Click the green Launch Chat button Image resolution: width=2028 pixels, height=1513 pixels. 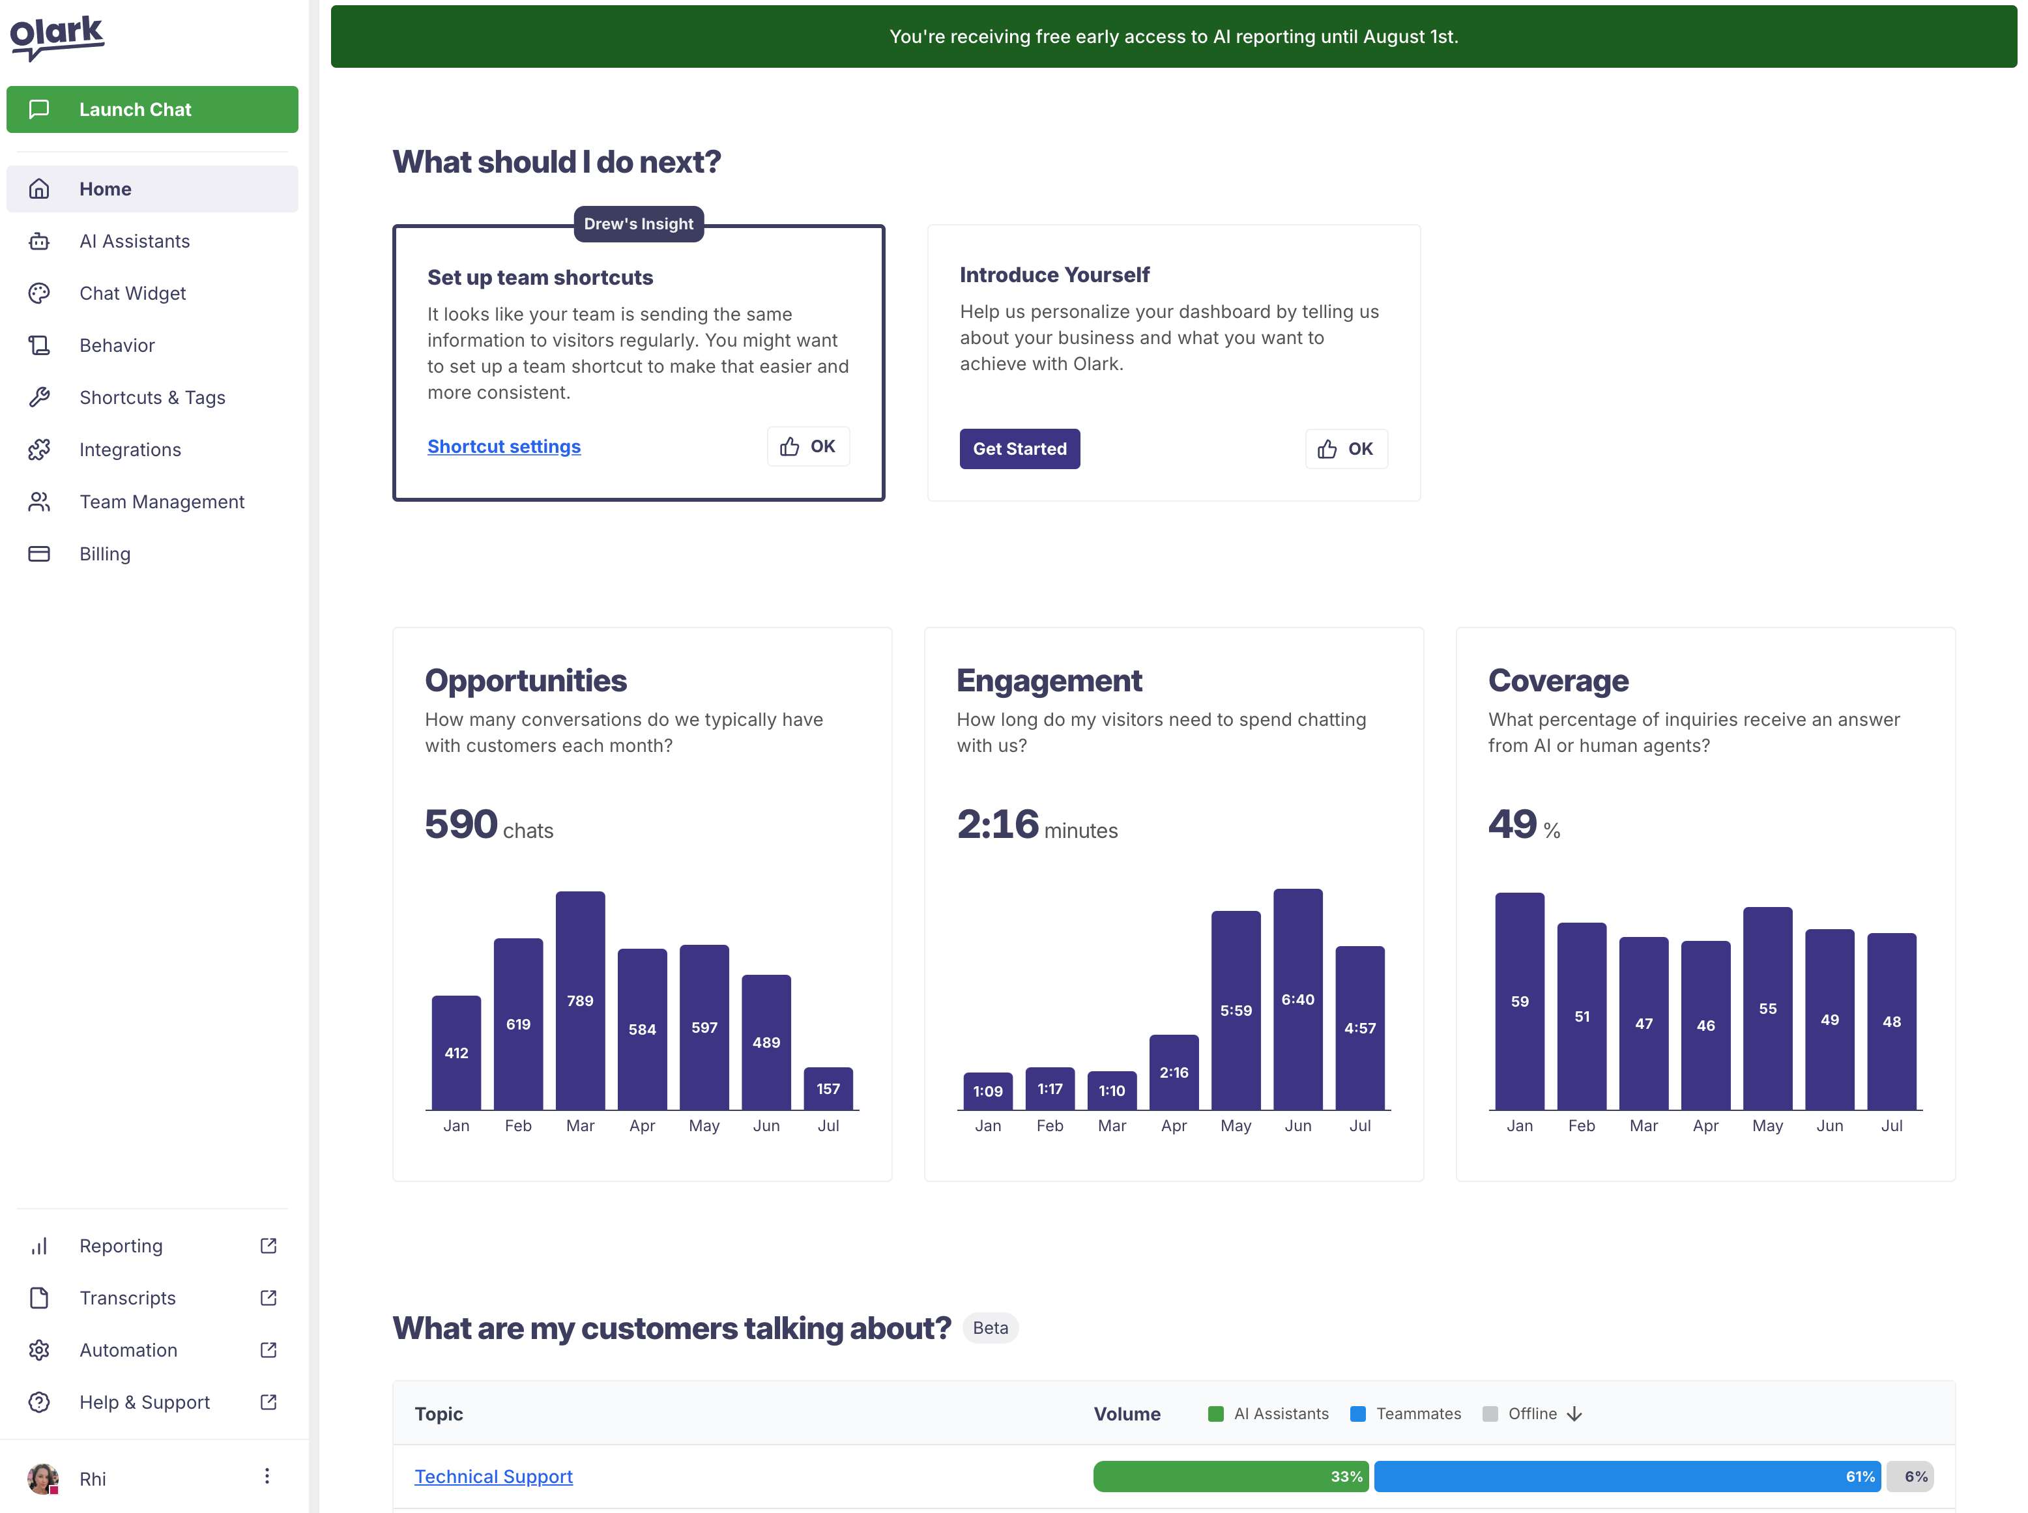point(152,109)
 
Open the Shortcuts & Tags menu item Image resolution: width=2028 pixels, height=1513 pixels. point(152,397)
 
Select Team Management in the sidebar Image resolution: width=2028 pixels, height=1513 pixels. point(161,502)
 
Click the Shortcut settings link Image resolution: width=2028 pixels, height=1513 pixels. point(504,446)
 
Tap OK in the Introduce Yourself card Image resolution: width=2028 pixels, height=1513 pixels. point(1346,449)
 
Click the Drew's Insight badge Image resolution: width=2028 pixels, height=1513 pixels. point(639,224)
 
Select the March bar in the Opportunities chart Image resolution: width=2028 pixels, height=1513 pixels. point(580,1000)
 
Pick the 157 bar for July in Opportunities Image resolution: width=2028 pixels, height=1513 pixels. point(828,1088)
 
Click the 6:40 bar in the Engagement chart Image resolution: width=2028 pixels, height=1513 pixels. point(1297,999)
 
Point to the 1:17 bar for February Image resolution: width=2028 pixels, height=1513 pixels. point(1050,1088)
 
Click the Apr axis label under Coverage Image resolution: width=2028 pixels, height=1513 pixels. point(1705,1125)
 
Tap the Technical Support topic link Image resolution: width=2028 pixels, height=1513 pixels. point(494,1477)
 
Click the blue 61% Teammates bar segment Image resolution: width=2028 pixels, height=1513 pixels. point(1627,1477)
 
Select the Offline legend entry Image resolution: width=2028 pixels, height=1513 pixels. point(1531,1413)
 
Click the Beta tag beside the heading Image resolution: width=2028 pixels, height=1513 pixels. point(990,1328)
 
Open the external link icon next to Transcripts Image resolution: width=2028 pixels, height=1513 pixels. point(268,1298)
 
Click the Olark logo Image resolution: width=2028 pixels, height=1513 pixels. point(57,36)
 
